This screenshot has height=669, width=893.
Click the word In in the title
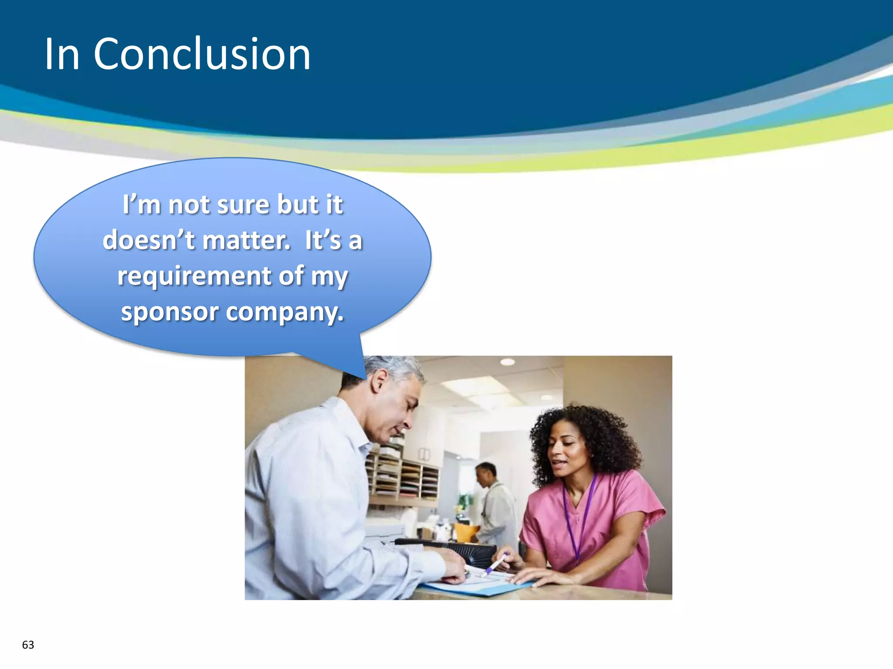point(62,54)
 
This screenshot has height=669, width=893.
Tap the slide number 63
point(28,645)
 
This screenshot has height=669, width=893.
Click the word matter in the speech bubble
point(246,240)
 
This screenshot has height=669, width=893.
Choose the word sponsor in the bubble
point(170,312)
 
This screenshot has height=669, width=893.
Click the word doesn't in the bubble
point(148,240)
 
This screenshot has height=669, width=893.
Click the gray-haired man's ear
point(378,381)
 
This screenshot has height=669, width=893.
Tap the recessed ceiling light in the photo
point(507,362)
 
